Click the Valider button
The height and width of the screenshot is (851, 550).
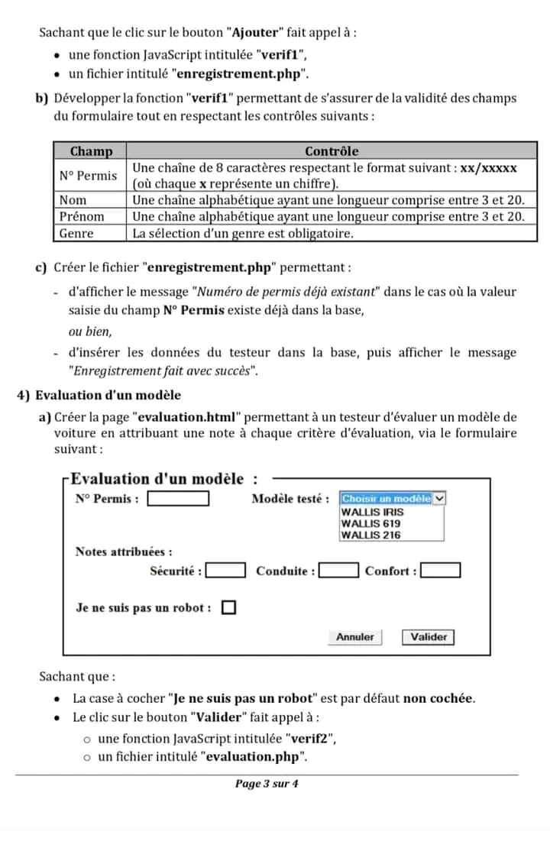[428, 636]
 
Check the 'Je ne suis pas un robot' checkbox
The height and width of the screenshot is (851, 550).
[228, 608]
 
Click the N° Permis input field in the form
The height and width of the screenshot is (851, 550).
[178, 499]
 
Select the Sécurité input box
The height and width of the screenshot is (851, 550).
[226, 571]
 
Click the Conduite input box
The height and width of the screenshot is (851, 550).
[338, 571]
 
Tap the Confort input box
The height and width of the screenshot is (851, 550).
[441, 571]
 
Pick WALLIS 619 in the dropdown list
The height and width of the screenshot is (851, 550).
[370, 523]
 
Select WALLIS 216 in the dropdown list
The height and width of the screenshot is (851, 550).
[370, 535]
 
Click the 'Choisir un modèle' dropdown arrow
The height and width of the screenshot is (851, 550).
[439, 498]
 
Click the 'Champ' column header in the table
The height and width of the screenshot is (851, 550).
[90, 151]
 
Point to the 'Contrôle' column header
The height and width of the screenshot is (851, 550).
[332, 151]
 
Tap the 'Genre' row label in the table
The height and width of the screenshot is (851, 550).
[76, 234]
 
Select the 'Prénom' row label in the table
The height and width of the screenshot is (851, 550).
[82, 217]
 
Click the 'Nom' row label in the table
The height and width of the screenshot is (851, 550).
[73, 200]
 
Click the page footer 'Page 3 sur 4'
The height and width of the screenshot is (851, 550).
[267, 784]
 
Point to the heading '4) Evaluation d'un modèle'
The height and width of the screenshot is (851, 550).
[99, 395]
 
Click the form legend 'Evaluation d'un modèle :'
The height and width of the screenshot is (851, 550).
[163, 479]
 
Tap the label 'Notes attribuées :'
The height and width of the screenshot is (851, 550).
[123, 552]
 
